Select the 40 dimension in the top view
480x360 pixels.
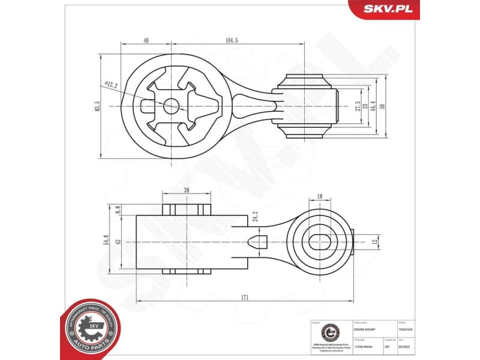click(x=146, y=40)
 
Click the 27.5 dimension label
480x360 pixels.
click(x=358, y=106)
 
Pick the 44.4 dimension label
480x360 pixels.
click(x=373, y=106)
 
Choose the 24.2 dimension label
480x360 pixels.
click(x=256, y=217)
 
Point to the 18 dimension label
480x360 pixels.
click(x=319, y=196)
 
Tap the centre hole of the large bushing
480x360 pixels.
click(x=172, y=106)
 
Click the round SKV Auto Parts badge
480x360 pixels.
click(x=89, y=329)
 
